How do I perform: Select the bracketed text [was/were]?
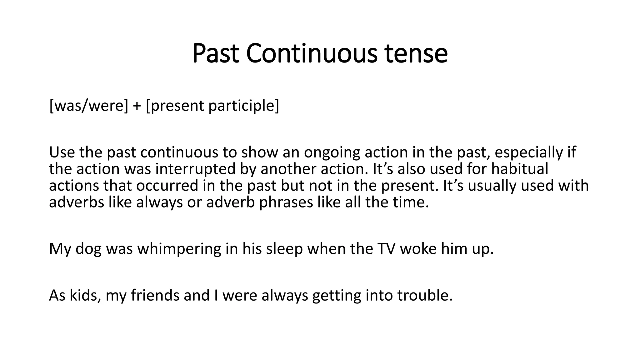[89, 106]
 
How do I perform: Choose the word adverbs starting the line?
[76, 202]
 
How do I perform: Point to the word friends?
[155, 295]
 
